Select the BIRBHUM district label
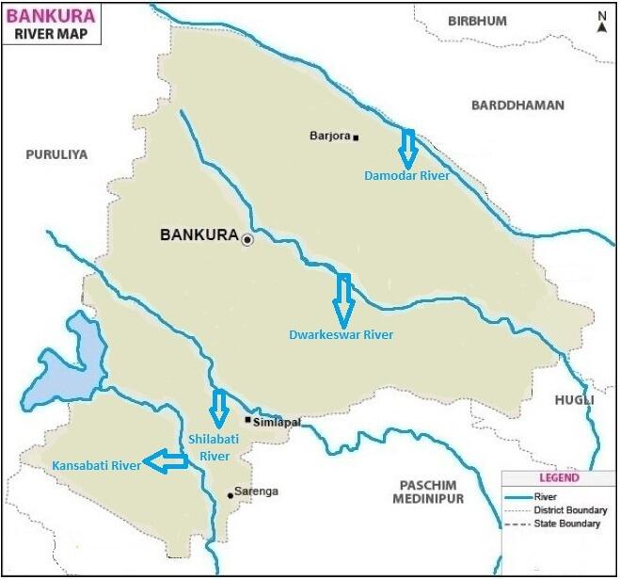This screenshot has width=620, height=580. pos(477,21)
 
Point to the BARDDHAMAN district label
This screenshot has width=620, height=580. pos(517,105)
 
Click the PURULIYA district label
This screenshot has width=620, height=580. pos(56,154)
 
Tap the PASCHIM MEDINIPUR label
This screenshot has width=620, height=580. pos(429,489)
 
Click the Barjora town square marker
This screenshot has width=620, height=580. pos(356,137)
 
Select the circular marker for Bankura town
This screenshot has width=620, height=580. pos(247,240)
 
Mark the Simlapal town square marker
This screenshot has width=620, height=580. pos(247,420)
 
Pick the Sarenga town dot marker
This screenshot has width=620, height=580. pos(231,494)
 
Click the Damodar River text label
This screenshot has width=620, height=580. pos(406,175)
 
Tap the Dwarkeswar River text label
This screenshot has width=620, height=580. pos(341,334)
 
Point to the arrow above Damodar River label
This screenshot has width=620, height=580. pos(407,147)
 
